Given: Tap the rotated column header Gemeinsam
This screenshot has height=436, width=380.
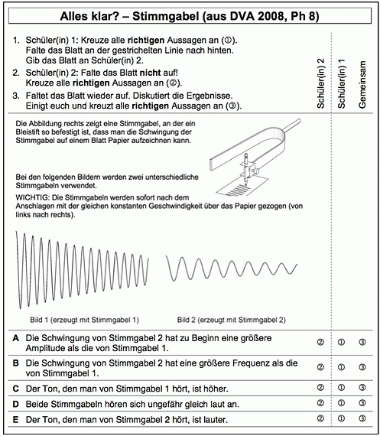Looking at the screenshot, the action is click(x=362, y=85).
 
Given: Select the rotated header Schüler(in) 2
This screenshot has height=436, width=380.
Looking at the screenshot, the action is click(x=320, y=83).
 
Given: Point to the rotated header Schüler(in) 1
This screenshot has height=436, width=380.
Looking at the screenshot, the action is click(x=341, y=83).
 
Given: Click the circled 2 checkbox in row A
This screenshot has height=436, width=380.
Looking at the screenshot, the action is click(x=320, y=342).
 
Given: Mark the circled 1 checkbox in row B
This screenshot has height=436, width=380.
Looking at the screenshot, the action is click(x=341, y=367).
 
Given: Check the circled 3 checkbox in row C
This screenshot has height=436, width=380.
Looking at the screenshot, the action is click(x=362, y=387).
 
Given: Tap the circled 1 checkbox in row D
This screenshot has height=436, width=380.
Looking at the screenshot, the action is click(x=341, y=403).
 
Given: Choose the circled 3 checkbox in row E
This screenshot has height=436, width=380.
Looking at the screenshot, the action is click(x=362, y=418).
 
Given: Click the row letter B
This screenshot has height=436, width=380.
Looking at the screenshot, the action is click(x=16, y=363).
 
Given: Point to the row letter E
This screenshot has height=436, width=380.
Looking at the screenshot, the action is click(x=16, y=419).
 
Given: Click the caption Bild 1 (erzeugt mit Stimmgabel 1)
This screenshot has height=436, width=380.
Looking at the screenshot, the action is click(x=85, y=320).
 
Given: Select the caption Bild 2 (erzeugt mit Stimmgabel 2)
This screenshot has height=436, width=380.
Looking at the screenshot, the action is click(x=232, y=320).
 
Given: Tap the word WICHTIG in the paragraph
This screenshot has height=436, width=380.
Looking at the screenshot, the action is click(x=33, y=197).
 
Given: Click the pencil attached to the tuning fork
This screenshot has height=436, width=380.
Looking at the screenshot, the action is click(x=246, y=169).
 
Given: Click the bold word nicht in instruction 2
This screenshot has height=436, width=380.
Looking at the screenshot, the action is click(x=150, y=73).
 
